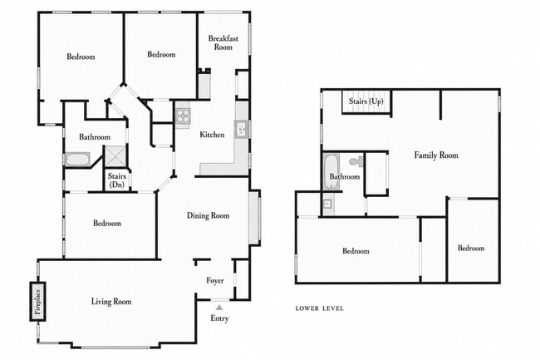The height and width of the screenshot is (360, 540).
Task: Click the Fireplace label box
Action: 37,302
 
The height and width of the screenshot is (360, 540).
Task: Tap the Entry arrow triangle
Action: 219,308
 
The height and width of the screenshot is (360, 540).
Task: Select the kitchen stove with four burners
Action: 183,116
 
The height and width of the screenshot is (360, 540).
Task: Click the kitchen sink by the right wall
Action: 242,129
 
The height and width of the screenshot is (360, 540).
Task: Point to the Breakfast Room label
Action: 223,42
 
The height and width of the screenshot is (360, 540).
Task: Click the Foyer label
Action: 215,281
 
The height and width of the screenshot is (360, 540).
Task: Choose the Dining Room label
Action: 208,215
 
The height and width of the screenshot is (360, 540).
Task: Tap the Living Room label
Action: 111,302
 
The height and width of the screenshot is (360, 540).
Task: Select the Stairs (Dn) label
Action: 117,180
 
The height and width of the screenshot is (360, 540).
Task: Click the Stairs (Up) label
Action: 366,101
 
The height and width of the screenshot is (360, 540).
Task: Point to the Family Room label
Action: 436,155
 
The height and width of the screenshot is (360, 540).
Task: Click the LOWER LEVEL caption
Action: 320,308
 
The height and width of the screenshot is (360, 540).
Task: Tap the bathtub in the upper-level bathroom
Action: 77,159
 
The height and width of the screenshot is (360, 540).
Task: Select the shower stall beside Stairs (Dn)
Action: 115,156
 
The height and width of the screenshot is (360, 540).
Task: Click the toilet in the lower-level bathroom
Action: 356,160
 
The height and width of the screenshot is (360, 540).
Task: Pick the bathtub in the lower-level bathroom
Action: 331,171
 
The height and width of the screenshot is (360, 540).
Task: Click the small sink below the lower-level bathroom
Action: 327,204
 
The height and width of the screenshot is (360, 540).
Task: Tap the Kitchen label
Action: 212,135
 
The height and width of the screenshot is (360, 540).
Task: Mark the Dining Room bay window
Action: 254,217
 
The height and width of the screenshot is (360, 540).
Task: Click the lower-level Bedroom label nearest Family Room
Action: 471,249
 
